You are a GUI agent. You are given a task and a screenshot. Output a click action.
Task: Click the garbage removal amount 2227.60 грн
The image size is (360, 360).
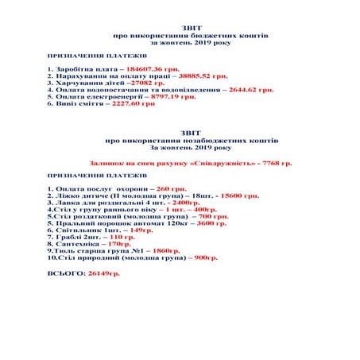(x=129, y=103)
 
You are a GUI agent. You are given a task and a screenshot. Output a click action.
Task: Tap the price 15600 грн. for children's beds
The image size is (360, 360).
(x=237, y=195)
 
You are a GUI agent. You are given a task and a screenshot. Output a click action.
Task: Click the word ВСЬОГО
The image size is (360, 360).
(x=67, y=273)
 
